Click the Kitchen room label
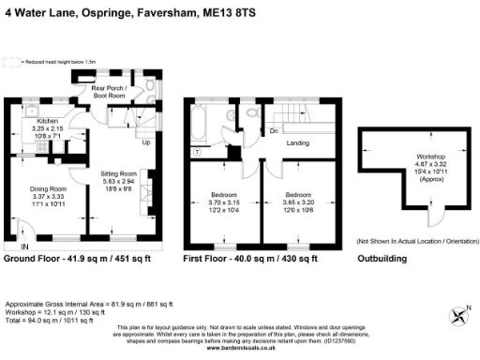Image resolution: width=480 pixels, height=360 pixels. click(47, 122)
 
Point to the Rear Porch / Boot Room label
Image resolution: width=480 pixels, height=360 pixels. click(113, 91)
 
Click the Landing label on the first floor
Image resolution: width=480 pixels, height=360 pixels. click(298, 143)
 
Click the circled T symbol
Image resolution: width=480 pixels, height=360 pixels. click(197, 152)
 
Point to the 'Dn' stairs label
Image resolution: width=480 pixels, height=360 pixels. click(274, 131)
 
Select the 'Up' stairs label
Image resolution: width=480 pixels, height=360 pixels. click(144, 143)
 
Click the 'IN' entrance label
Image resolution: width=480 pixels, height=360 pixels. click(24, 247)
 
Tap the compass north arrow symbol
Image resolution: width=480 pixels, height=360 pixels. click(457, 314)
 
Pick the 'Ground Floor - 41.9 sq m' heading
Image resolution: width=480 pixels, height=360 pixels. click(70, 257)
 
